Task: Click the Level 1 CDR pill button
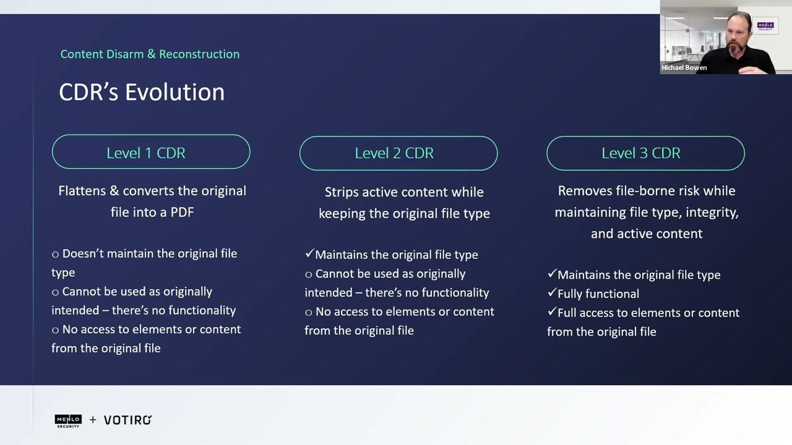151,152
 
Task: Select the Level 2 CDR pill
398,153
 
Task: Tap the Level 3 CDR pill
645,153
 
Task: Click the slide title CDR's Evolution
142,92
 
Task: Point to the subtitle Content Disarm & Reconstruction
150,54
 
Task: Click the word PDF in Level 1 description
182,212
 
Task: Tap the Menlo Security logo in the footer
68,420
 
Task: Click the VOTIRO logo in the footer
127,420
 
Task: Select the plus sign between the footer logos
93,420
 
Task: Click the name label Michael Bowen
684,68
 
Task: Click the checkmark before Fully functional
551,293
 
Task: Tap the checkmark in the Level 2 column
309,254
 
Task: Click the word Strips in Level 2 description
342,192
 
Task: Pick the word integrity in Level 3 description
712,213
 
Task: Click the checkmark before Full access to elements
551,312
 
